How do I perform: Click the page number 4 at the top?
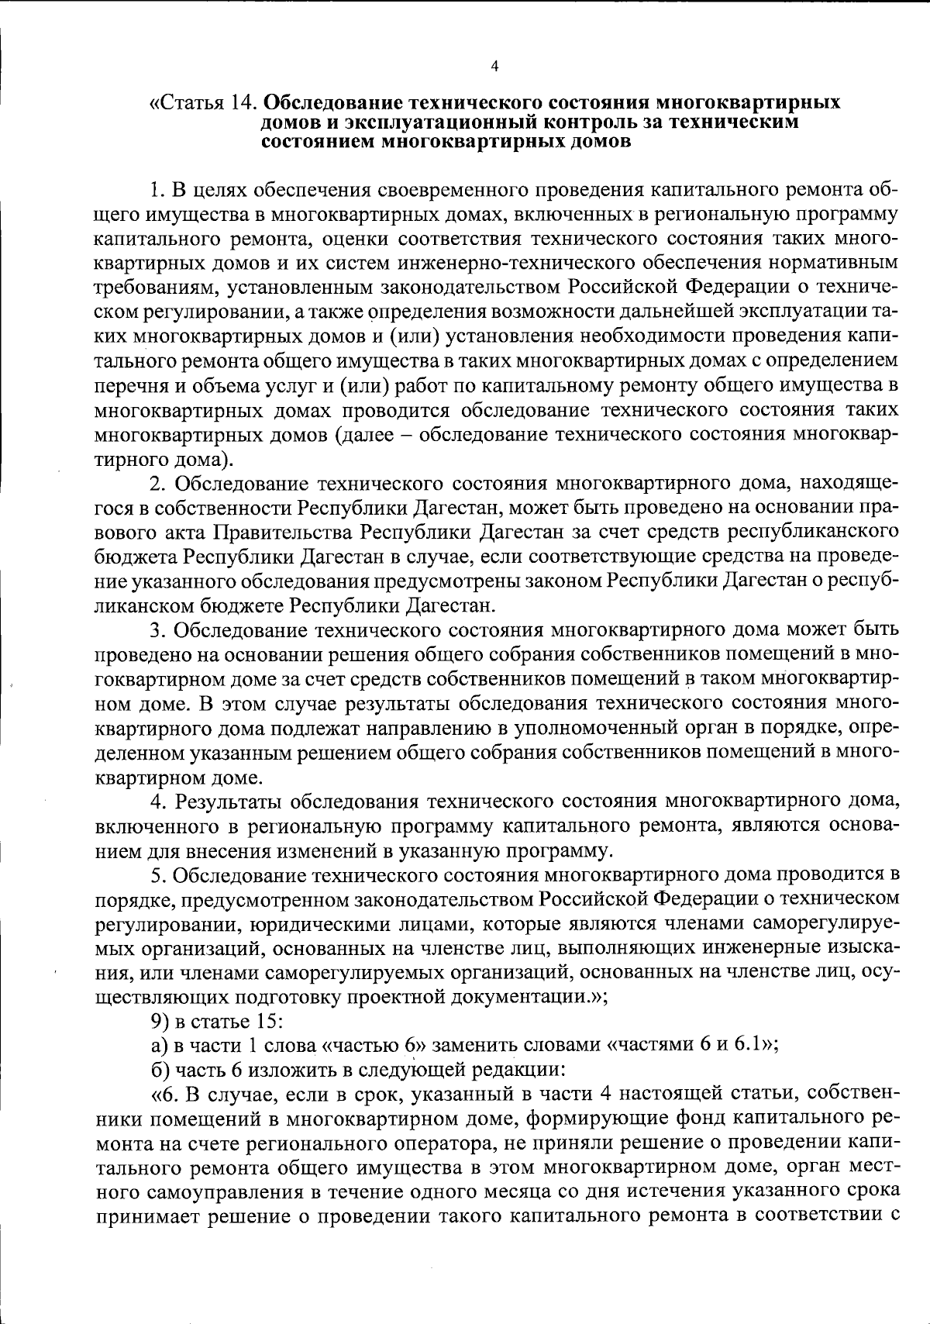coord(494,66)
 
